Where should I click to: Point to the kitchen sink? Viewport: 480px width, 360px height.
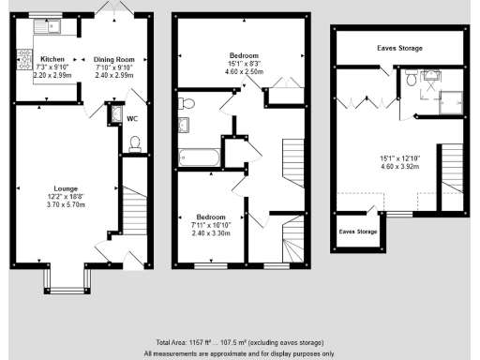click(44, 26)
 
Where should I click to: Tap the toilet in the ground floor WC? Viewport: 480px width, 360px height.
click(135, 143)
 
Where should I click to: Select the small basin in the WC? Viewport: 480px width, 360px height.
click(115, 114)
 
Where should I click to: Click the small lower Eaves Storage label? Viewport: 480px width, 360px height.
click(357, 231)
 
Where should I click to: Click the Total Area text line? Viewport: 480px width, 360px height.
click(239, 343)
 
